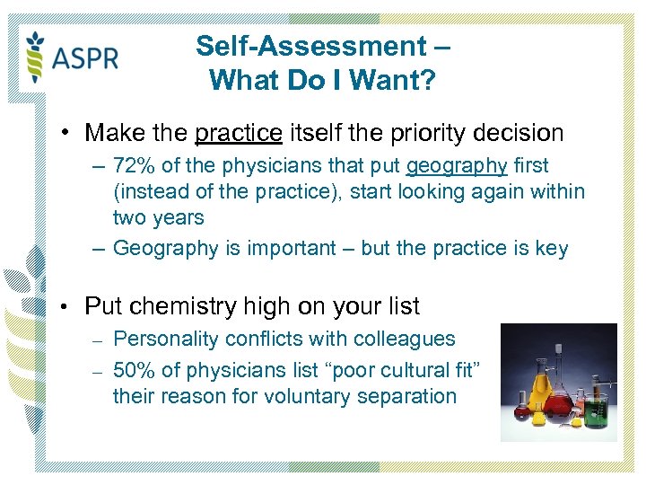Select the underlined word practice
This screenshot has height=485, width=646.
(x=238, y=134)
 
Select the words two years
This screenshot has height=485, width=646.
(x=158, y=217)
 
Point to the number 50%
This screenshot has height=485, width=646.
(x=134, y=370)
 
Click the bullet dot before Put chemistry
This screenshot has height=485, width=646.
(x=66, y=306)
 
